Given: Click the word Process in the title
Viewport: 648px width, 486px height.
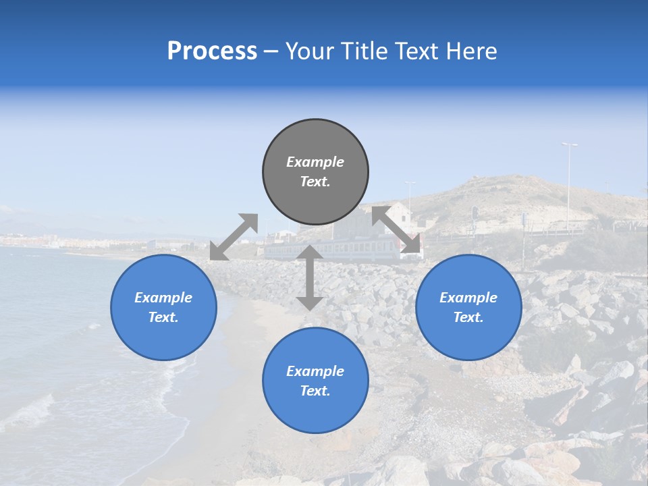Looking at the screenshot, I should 212,51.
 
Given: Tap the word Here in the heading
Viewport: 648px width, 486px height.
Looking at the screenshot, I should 473,51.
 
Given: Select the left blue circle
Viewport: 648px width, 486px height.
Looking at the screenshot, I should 163,307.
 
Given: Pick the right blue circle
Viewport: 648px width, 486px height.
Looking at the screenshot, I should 468,307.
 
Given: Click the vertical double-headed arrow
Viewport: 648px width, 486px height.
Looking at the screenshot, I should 309,277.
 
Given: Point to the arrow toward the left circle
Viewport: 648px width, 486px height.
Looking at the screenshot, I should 234,237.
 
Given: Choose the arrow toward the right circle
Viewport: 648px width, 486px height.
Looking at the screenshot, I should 396,230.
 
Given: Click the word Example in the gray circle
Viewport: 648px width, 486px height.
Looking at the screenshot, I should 315,162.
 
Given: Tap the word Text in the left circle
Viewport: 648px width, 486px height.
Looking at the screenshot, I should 163,317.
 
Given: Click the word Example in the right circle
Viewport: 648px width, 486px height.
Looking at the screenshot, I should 468,298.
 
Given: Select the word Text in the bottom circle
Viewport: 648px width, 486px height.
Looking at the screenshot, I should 315,391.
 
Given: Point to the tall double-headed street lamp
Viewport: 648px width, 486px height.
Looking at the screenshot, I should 569,182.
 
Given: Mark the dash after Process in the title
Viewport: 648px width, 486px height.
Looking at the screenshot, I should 271,51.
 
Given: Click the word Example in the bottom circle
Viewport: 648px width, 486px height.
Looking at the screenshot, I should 315,371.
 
